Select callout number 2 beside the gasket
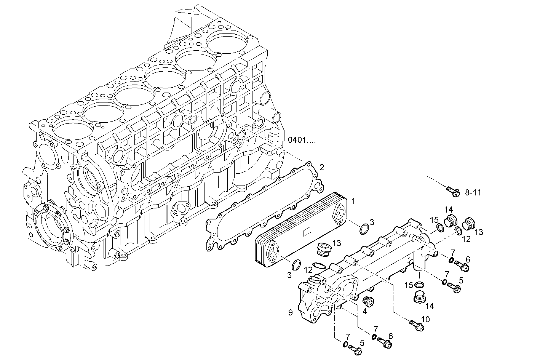click(322, 167)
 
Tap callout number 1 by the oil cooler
click(353, 200)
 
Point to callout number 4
click(364, 311)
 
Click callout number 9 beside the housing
click(290, 313)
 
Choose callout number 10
click(425, 319)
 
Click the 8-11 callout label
click(473, 193)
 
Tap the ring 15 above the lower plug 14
click(419, 285)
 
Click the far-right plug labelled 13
click(468, 224)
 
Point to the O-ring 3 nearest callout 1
click(364, 229)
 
